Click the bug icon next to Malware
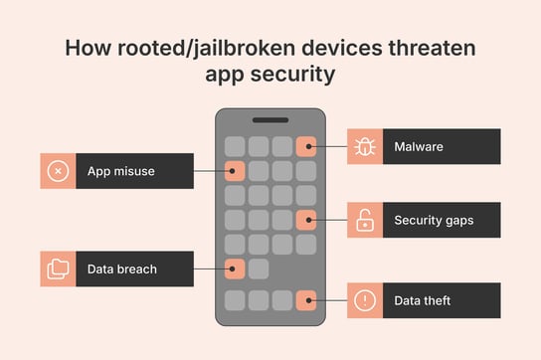click(364, 147)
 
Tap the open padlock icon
click(364, 221)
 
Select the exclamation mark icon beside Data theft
click(364, 299)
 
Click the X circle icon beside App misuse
click(59, 171)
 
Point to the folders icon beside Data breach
click(59, 269)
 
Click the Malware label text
click(418, 147)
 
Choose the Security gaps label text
click(433, 221)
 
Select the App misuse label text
click(120, 171)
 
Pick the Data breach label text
click(122, 269)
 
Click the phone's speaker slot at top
click(270, 119)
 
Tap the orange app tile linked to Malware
click(306, 146)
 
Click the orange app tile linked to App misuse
click(235, 171)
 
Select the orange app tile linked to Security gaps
click(306, 220)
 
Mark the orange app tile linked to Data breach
click(235, 268)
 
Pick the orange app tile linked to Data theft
click(306, 299)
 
